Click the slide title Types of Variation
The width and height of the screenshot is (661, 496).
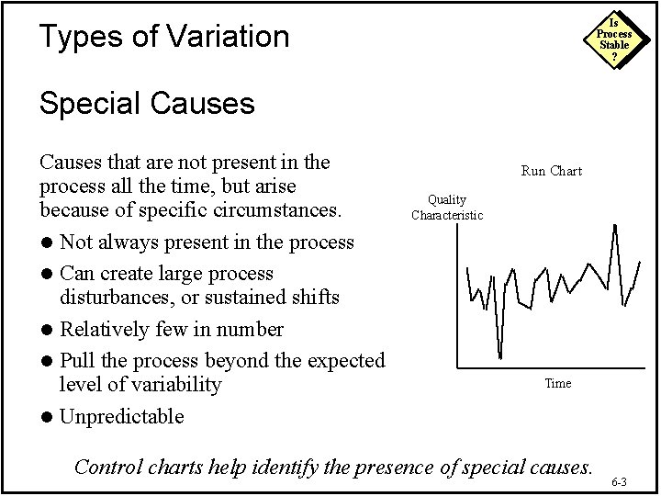tap(164, 37)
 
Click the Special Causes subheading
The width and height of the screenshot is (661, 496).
tap(147, 103)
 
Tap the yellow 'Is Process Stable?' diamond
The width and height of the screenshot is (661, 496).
tap(614, 39)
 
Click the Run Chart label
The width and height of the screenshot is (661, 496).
tap(551, 171)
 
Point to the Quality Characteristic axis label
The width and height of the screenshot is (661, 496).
tap(447, 208)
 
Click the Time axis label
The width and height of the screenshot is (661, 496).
tap(557, 383)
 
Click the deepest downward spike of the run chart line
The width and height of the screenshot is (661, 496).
tap(499, 356)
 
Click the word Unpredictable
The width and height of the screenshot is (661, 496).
tap(121, 416)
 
